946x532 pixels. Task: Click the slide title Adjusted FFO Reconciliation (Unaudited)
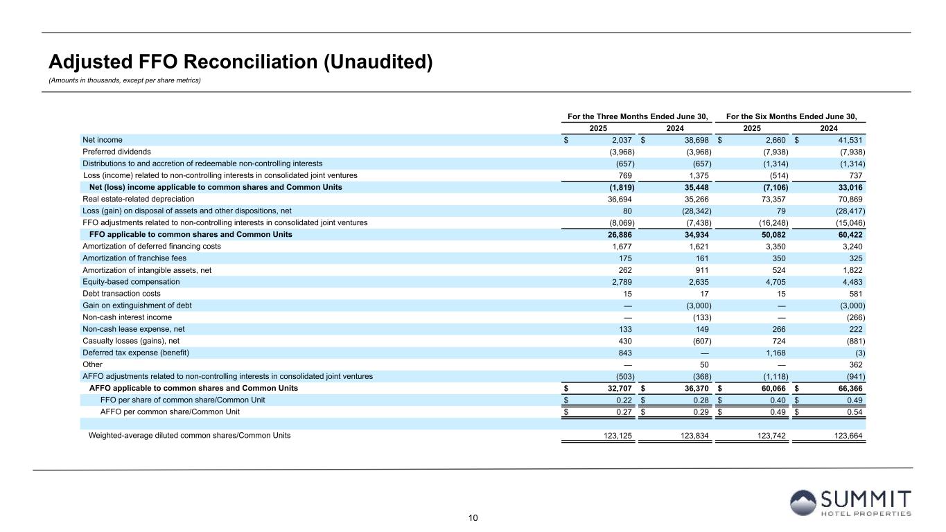coord(240,62)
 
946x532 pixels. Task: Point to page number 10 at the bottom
coord(473,517)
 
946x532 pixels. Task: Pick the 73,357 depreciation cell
coord(773,199)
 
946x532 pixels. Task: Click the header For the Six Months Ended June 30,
coord(791,116)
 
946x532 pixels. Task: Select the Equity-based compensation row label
coord(131,282)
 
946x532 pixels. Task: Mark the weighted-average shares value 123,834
coord(696,436)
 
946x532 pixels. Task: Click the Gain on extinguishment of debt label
coord(137,305)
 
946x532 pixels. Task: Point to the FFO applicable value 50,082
coord(772,235)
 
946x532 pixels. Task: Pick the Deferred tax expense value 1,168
coord(776,353)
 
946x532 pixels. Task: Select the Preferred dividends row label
coord(116,152)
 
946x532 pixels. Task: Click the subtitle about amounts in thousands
coord(124,80)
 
